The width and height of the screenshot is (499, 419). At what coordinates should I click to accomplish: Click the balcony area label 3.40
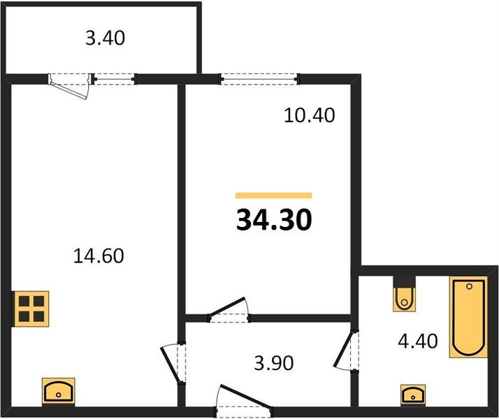(x=105, y=38)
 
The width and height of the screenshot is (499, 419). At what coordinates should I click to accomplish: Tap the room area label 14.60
(x=99, y=256)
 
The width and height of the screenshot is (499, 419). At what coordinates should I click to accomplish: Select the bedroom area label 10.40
(x=310, y=115)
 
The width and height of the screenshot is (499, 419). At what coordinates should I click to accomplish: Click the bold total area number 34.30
(x=274, y=220)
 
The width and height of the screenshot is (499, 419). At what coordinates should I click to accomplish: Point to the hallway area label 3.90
(x=274, y=363)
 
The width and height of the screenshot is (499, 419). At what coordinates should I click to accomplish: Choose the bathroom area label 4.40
(x=418, y=341)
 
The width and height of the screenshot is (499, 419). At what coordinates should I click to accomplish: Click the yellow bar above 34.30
(x=274, y=196)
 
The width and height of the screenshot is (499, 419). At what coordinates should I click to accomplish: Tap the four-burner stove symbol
(x=31, y=309)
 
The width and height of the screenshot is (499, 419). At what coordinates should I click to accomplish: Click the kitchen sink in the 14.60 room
(x=59, y=392)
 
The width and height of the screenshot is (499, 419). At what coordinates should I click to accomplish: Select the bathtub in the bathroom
(x=468, y=317)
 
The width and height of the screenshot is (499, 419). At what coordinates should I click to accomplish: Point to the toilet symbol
(x=405, y=294)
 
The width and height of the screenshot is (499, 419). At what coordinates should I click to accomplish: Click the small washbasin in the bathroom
(x=413, y=395)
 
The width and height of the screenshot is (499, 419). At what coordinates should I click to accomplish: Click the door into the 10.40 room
(x=228, y=308)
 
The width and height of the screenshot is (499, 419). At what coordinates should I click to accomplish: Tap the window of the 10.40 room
(x=259, y=78)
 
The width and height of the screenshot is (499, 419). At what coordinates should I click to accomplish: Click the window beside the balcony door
(x=114, y=78)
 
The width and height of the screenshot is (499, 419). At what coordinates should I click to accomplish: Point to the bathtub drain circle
(x=469, y=287)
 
